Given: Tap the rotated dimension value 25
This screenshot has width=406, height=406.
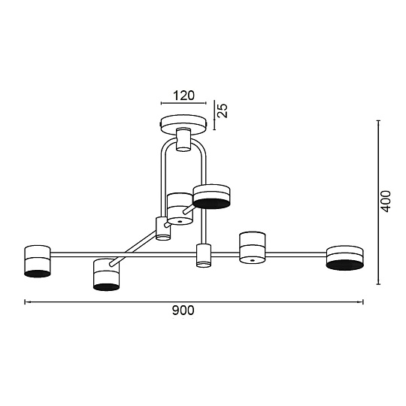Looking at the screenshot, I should click(x=223, y=110).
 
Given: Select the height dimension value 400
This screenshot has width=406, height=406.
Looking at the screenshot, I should click(x=386, y=201).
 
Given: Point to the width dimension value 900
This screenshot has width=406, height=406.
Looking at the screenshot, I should click(x=183, y=311).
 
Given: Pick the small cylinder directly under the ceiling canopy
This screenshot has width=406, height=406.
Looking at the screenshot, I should click(x=183, y=140).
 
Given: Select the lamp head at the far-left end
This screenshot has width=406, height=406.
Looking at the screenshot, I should click(x=37, y=261).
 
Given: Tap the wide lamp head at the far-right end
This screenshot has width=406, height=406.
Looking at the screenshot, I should click(x=345, y=257).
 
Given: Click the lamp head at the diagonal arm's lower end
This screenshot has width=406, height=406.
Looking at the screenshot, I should click(x=107, y=274).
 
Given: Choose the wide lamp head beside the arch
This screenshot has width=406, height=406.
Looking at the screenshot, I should click(x=211, y=195).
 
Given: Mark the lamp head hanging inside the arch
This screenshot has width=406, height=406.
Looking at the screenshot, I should click(x=180, y=208).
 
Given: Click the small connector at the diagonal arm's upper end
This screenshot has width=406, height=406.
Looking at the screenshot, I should click(x=162, y=227).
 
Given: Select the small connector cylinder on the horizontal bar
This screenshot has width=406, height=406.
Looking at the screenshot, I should click(x=202, y=255).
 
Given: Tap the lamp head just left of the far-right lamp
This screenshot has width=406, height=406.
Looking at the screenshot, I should click(x=252, y=248).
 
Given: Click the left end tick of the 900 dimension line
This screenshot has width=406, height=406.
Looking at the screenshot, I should click(x=26, y=302).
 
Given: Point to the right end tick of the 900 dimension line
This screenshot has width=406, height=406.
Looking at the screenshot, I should click(x=364, y=302).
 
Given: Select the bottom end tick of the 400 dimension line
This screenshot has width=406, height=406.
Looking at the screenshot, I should click(x=377, y=285).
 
